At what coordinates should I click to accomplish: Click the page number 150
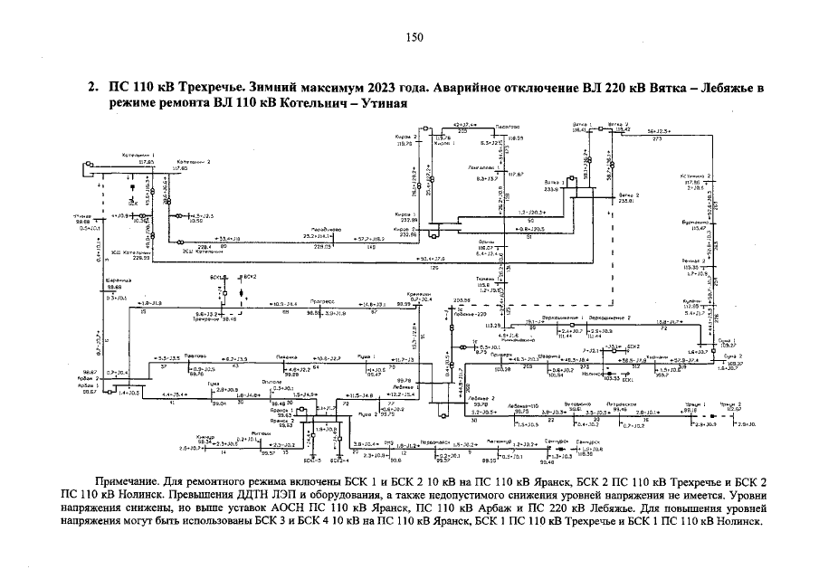(x=414, y=37)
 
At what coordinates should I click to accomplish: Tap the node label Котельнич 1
(x=141, y=156)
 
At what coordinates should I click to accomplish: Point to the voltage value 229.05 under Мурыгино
(x=321, y=246)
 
